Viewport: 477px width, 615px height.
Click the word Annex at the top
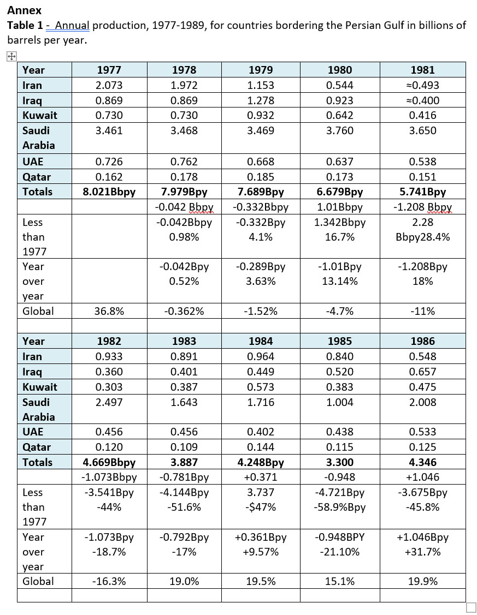(24, 10)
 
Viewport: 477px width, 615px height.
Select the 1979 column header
(261, 70)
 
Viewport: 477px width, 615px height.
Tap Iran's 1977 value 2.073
(109, 85)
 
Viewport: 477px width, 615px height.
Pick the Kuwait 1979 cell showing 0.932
(261, 115)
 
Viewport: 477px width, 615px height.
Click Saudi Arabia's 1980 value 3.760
(339, 130)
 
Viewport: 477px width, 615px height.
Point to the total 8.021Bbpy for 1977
(109, 192)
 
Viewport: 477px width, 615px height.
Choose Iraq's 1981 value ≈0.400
(422, 100)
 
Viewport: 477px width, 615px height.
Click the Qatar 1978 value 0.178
(184, 177)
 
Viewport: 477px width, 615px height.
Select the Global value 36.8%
(109, 311)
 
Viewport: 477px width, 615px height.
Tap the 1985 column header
(339, 341)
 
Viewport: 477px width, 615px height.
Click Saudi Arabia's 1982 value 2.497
(109, 402)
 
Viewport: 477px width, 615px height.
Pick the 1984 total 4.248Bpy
(261, 462)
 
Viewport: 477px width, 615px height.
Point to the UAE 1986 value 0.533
(422, 432)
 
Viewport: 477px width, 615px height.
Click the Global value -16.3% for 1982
(109, 581)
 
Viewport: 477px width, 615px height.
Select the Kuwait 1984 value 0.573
(261, 387)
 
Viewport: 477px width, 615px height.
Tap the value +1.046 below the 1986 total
(422, 477)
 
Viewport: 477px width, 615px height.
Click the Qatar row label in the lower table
(36, 447)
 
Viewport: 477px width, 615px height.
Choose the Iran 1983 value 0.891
(184, 356)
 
